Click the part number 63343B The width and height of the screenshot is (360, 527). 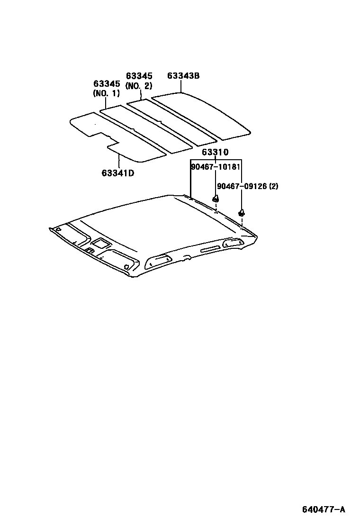(183, 76)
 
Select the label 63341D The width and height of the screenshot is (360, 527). (117, 173)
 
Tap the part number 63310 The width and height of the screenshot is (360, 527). (215, 152)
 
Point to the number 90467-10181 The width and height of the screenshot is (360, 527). (216, 167)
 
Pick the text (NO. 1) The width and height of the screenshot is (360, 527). (106, 93)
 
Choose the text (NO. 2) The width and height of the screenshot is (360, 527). (139, 86)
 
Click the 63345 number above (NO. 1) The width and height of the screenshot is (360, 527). (107, 84)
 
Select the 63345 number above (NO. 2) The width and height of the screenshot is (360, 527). (139, 76)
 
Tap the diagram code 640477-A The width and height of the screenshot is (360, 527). (324, 509)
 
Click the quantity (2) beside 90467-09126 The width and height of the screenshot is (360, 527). (273, 186)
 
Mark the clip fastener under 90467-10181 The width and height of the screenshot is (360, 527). (216, 199)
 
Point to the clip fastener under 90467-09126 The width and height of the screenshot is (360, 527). (241, 212)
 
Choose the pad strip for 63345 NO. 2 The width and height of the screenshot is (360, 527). (171, 122)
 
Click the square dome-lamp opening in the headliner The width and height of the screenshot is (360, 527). (101, 244)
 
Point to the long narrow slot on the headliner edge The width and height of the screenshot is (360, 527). (210, 249)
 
